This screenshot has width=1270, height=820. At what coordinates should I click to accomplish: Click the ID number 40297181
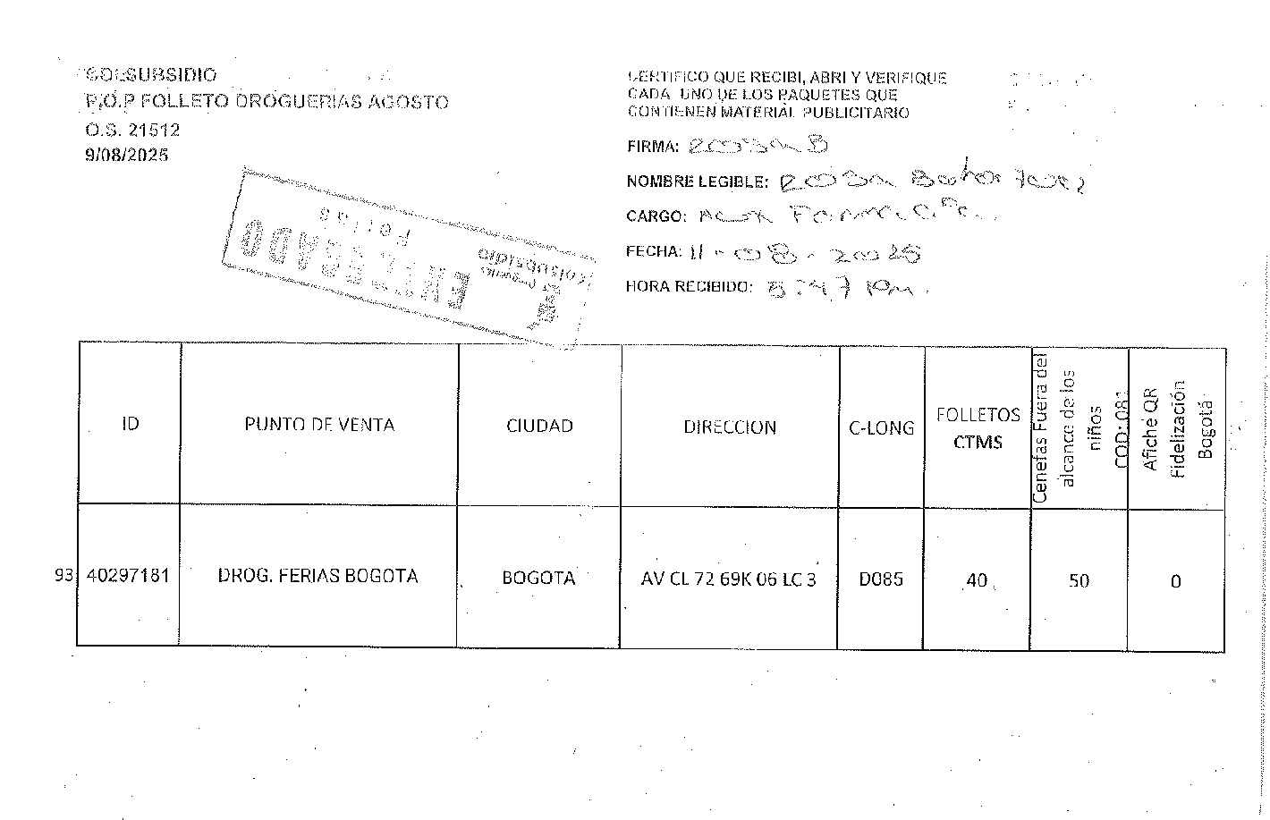pyautogui.click(x=128, y=576)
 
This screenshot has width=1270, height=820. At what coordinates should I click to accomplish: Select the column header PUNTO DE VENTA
pyautogui.click(x=319, y=425)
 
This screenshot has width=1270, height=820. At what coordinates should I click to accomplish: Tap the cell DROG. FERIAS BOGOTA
pyautogui.click(x=317, y=576)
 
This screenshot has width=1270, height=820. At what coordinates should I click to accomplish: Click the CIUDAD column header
pyautogui.click(x=539, y=427)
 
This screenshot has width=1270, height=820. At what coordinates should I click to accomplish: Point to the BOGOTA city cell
pyautogui.click(x=538, y=579)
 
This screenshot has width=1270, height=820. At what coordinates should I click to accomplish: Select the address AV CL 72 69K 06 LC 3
pyautogui.click(x=728, y=579)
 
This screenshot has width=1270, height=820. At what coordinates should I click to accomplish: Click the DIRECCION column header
pyautogui.click(x=730, y=427)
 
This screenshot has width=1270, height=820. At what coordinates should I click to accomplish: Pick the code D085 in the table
pyautogui.click(x=881, y=579)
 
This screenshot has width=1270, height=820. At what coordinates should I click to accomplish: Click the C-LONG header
pyautogui.click(x=881, y=428)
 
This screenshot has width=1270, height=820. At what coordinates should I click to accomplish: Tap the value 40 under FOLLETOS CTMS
pyautogui.click(x=976, y=580)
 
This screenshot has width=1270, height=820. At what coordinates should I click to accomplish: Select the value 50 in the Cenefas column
pyautogui.click(x=1079, y=581)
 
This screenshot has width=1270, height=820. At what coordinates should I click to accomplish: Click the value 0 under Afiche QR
pyautogui.click(x=1175, y=582)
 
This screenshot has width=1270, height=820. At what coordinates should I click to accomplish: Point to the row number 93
pyautogui.click(x=63, y=576)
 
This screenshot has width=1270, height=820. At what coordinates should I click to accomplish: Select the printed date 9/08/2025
pyautogui.click(x=126, y=155)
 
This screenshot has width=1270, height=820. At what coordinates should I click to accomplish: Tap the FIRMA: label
pyautogui.click(x=653, y=147)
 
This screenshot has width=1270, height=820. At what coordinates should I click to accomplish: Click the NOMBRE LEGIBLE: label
pyautogui.click(x=697, y=182)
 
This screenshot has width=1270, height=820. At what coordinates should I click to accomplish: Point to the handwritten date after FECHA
pyautogui.click(x=805, y=254)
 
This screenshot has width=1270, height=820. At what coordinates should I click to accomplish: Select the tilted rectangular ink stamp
pyautogui.click(x=407, y=258)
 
